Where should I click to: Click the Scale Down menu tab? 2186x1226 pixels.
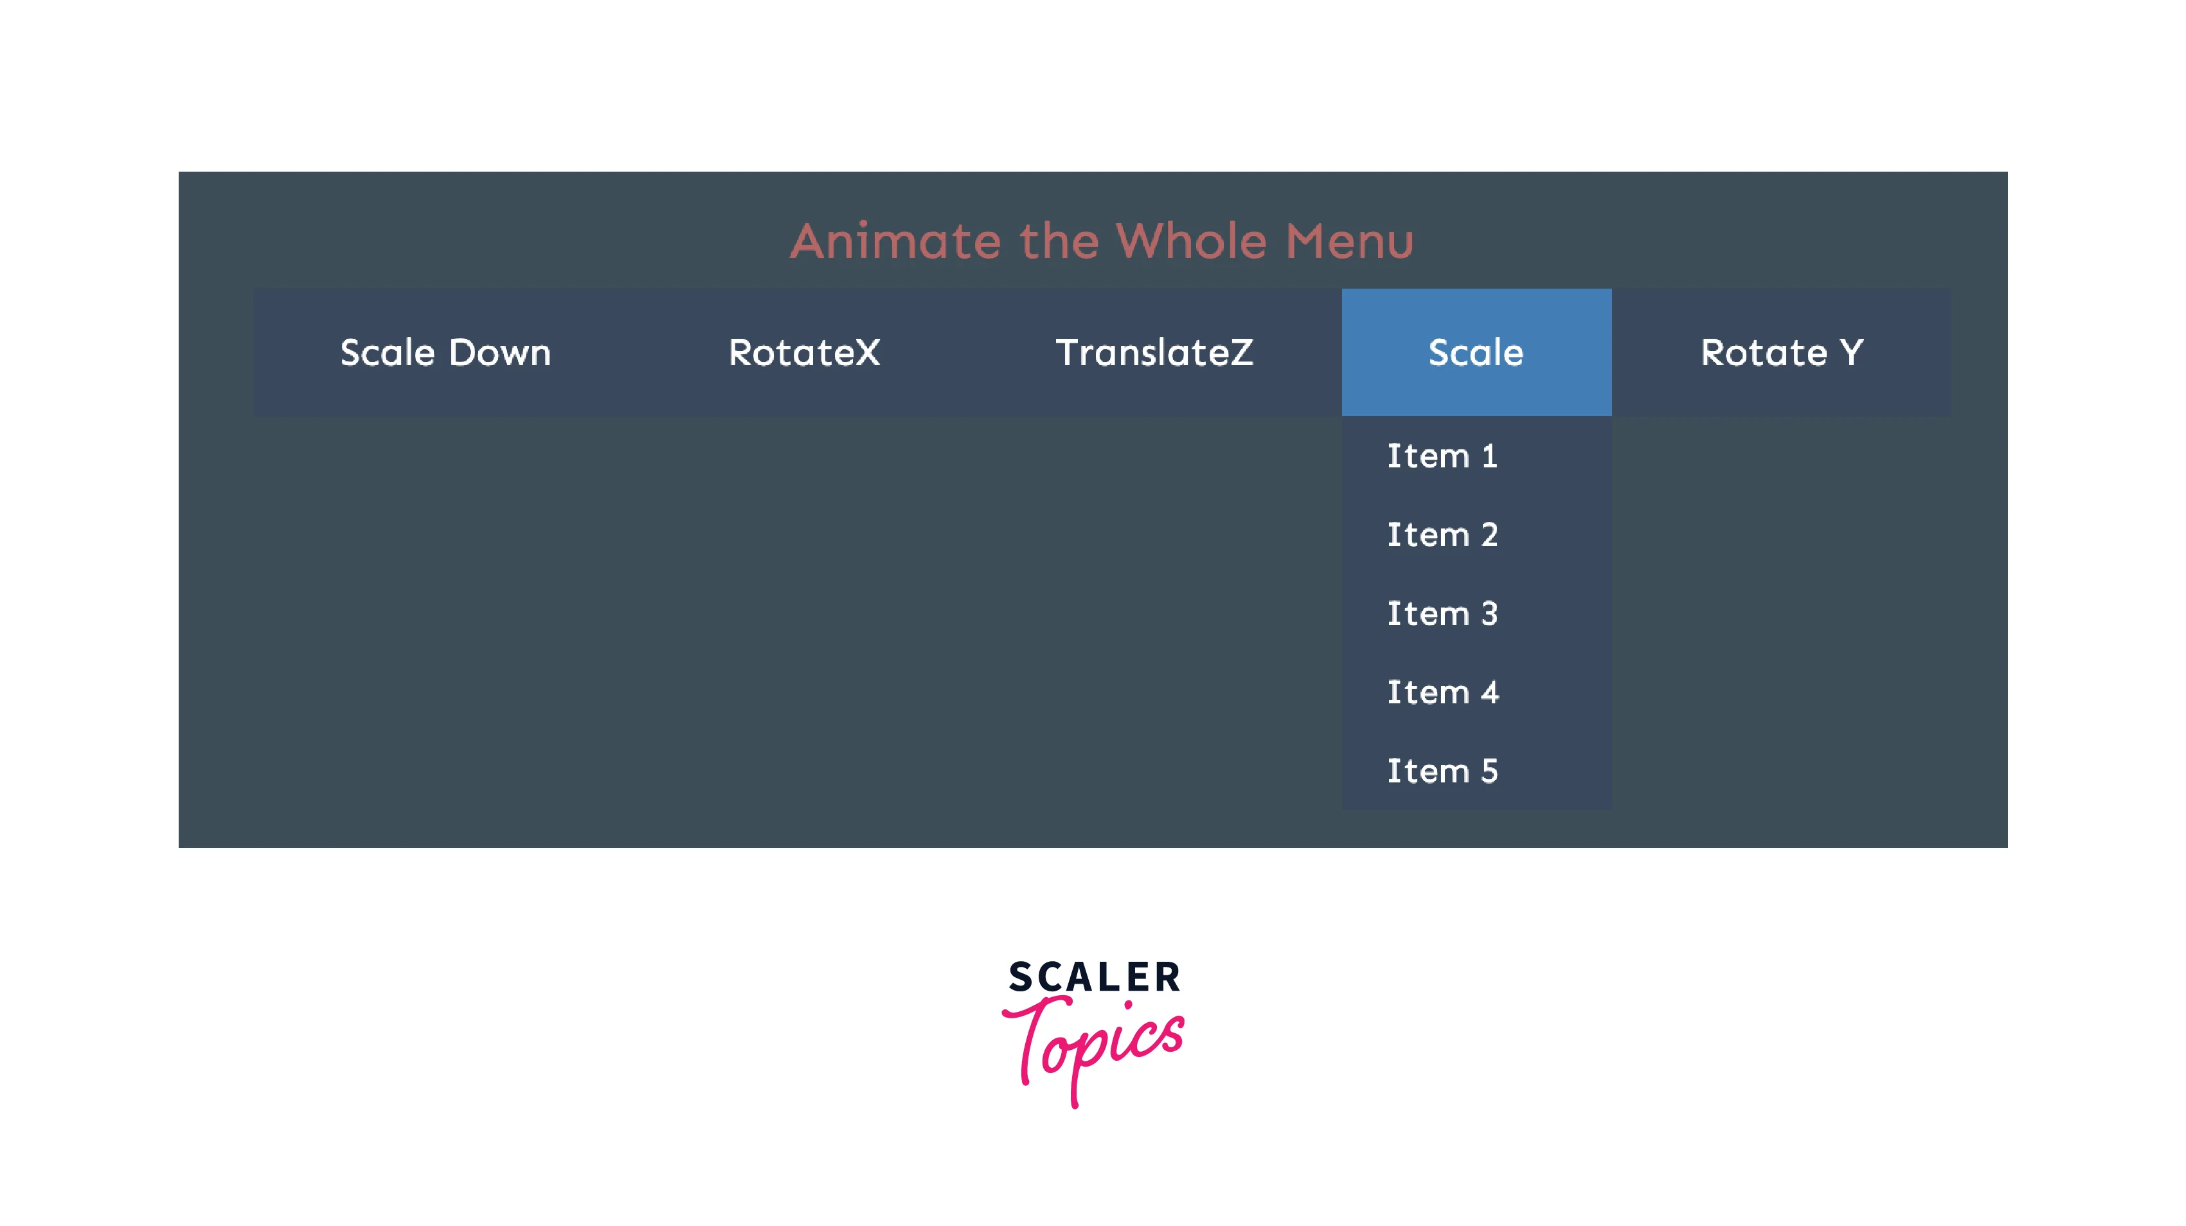click(x=445, y=352)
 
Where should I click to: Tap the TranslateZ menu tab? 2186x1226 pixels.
click(x=1154, y=352)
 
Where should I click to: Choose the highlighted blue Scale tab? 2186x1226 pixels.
click(x=1476, y=352)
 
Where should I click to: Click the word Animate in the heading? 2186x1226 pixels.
click(x=896, y=240)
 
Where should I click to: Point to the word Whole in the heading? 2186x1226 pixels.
click(x=1192, y=240)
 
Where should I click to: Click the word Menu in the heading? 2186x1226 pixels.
click(x=1350, y=240)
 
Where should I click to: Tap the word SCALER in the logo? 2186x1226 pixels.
click(x=1094, y=977)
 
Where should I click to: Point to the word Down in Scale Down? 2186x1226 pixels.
click(x=500, y=352)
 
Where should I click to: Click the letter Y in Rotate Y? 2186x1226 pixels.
click(x=1850, y=352)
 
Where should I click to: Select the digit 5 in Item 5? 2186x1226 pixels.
click(x=1489, y=771)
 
